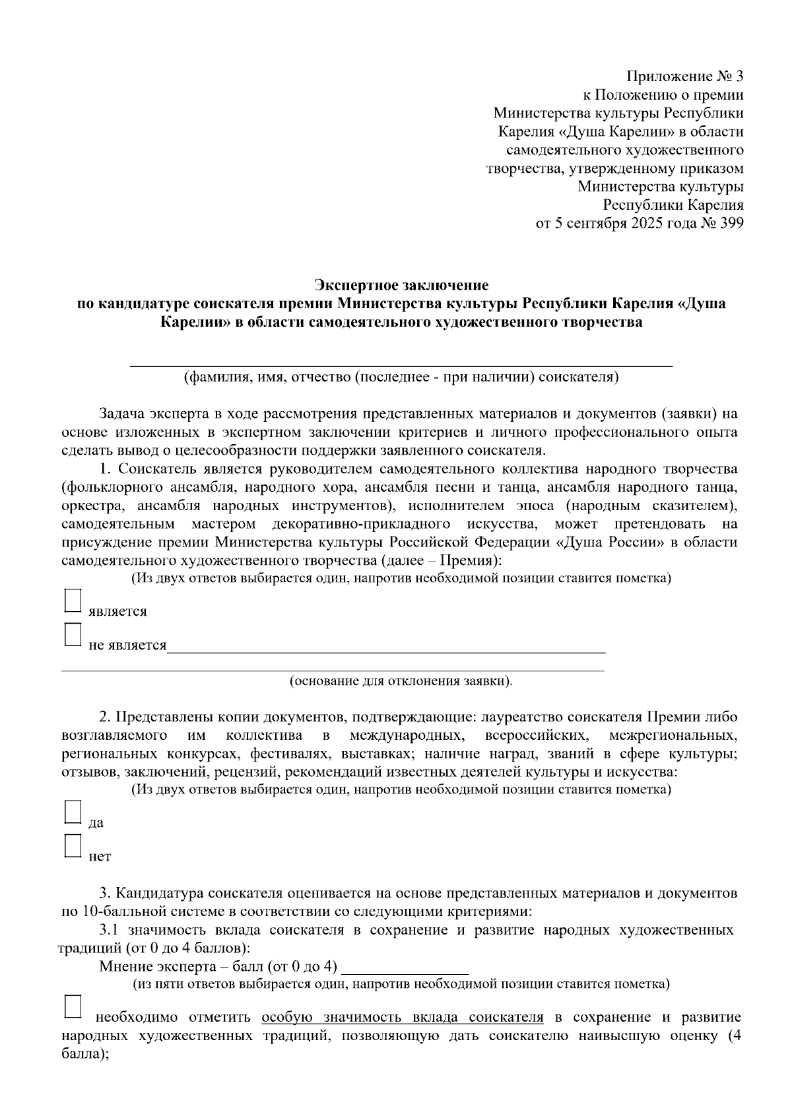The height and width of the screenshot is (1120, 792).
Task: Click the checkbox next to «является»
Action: coord(73,601)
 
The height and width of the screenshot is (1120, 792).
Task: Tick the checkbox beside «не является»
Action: coord(73,635)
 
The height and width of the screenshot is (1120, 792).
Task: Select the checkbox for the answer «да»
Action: coord(73,812)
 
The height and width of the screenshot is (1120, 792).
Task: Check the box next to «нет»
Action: coord(73,846)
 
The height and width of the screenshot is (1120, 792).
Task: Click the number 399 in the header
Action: coord(732,223)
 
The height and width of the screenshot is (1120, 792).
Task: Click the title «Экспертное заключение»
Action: coord(401,285)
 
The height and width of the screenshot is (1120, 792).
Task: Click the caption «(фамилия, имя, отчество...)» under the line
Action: coord(401,378)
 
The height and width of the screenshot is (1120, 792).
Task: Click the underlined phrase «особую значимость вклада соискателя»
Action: coord(403,1017)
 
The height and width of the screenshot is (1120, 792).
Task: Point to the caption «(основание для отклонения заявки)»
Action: coord(401,680)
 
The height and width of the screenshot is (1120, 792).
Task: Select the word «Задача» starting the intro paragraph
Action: coord(121,414)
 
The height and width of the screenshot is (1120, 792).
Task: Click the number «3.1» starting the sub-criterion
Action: coord(110,931)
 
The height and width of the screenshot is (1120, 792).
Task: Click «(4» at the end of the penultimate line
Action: coord(734,1036)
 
